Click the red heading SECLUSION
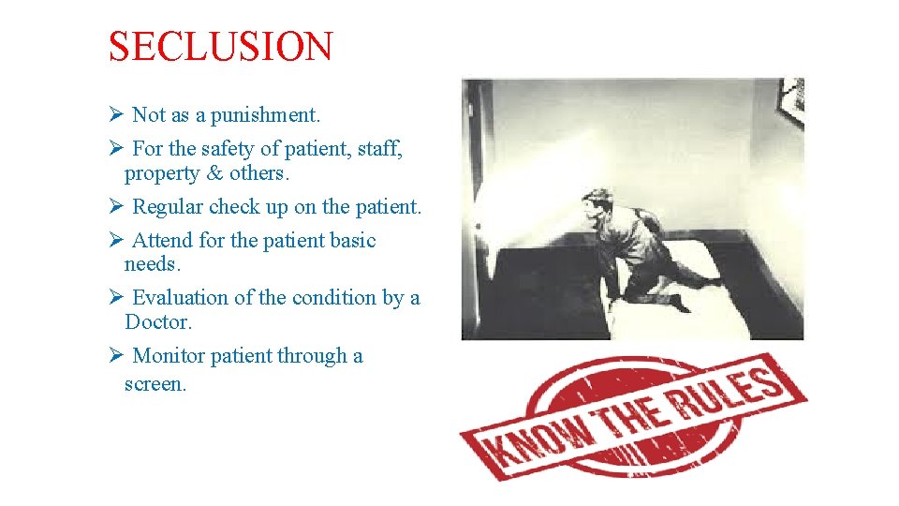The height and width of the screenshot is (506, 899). (220, 46)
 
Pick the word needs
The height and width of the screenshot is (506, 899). (151, 265)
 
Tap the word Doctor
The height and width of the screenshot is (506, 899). (157, 322)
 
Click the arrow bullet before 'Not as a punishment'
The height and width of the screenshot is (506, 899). (115, 115)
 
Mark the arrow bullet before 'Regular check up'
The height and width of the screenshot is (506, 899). (115, 206)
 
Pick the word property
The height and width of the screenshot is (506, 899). (162, 173)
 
